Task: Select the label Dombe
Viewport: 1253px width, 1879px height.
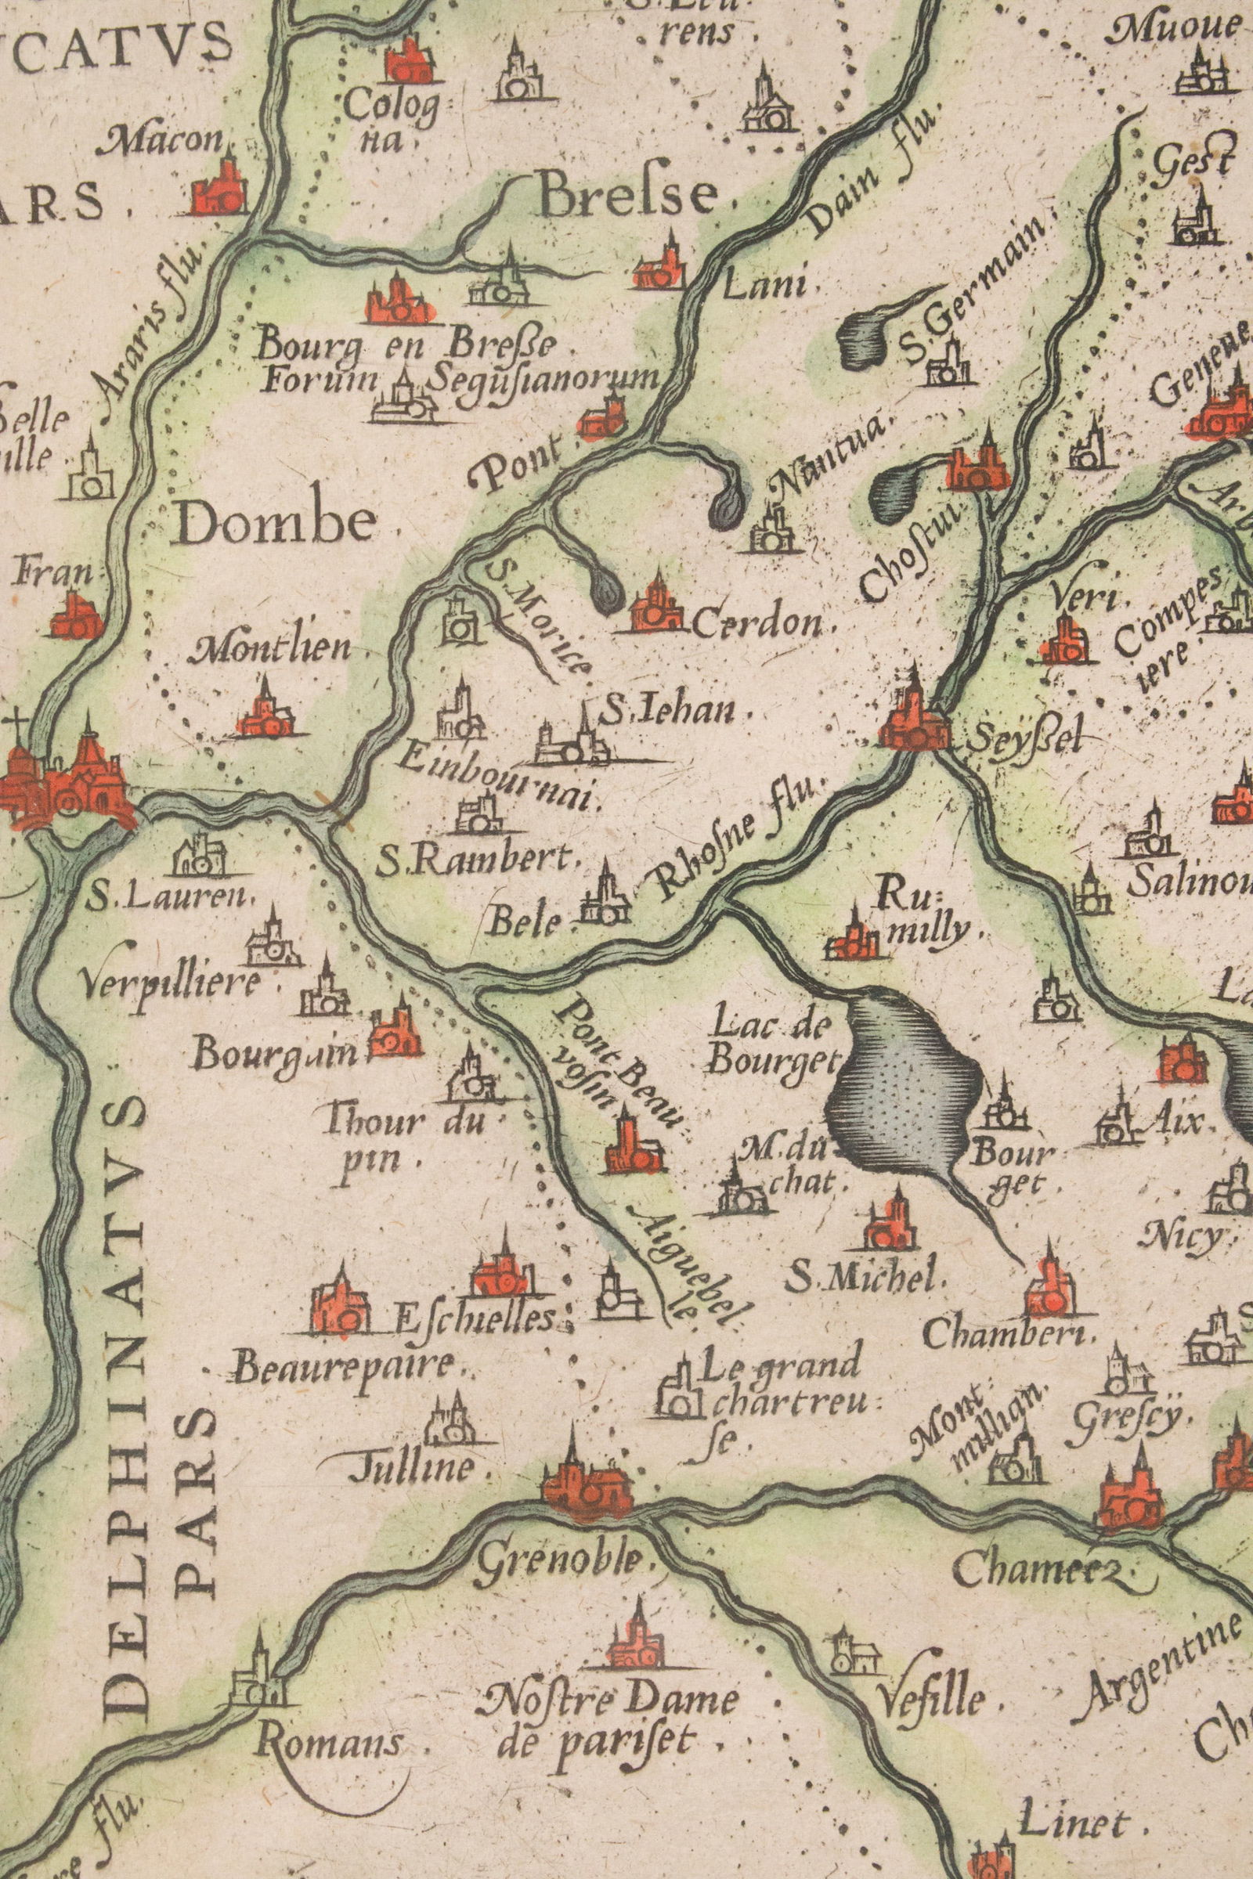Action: (277, 522)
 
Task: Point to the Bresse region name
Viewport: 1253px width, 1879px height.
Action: (627, 195)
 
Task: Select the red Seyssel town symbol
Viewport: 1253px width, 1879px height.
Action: (913, 723)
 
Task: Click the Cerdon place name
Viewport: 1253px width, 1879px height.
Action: (755, 624)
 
